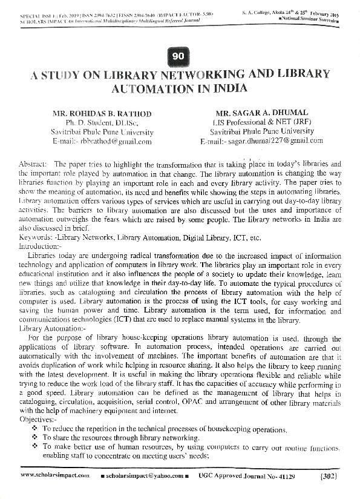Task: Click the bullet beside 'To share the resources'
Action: click(34, 437)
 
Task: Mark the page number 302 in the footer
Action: click(327, 477)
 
